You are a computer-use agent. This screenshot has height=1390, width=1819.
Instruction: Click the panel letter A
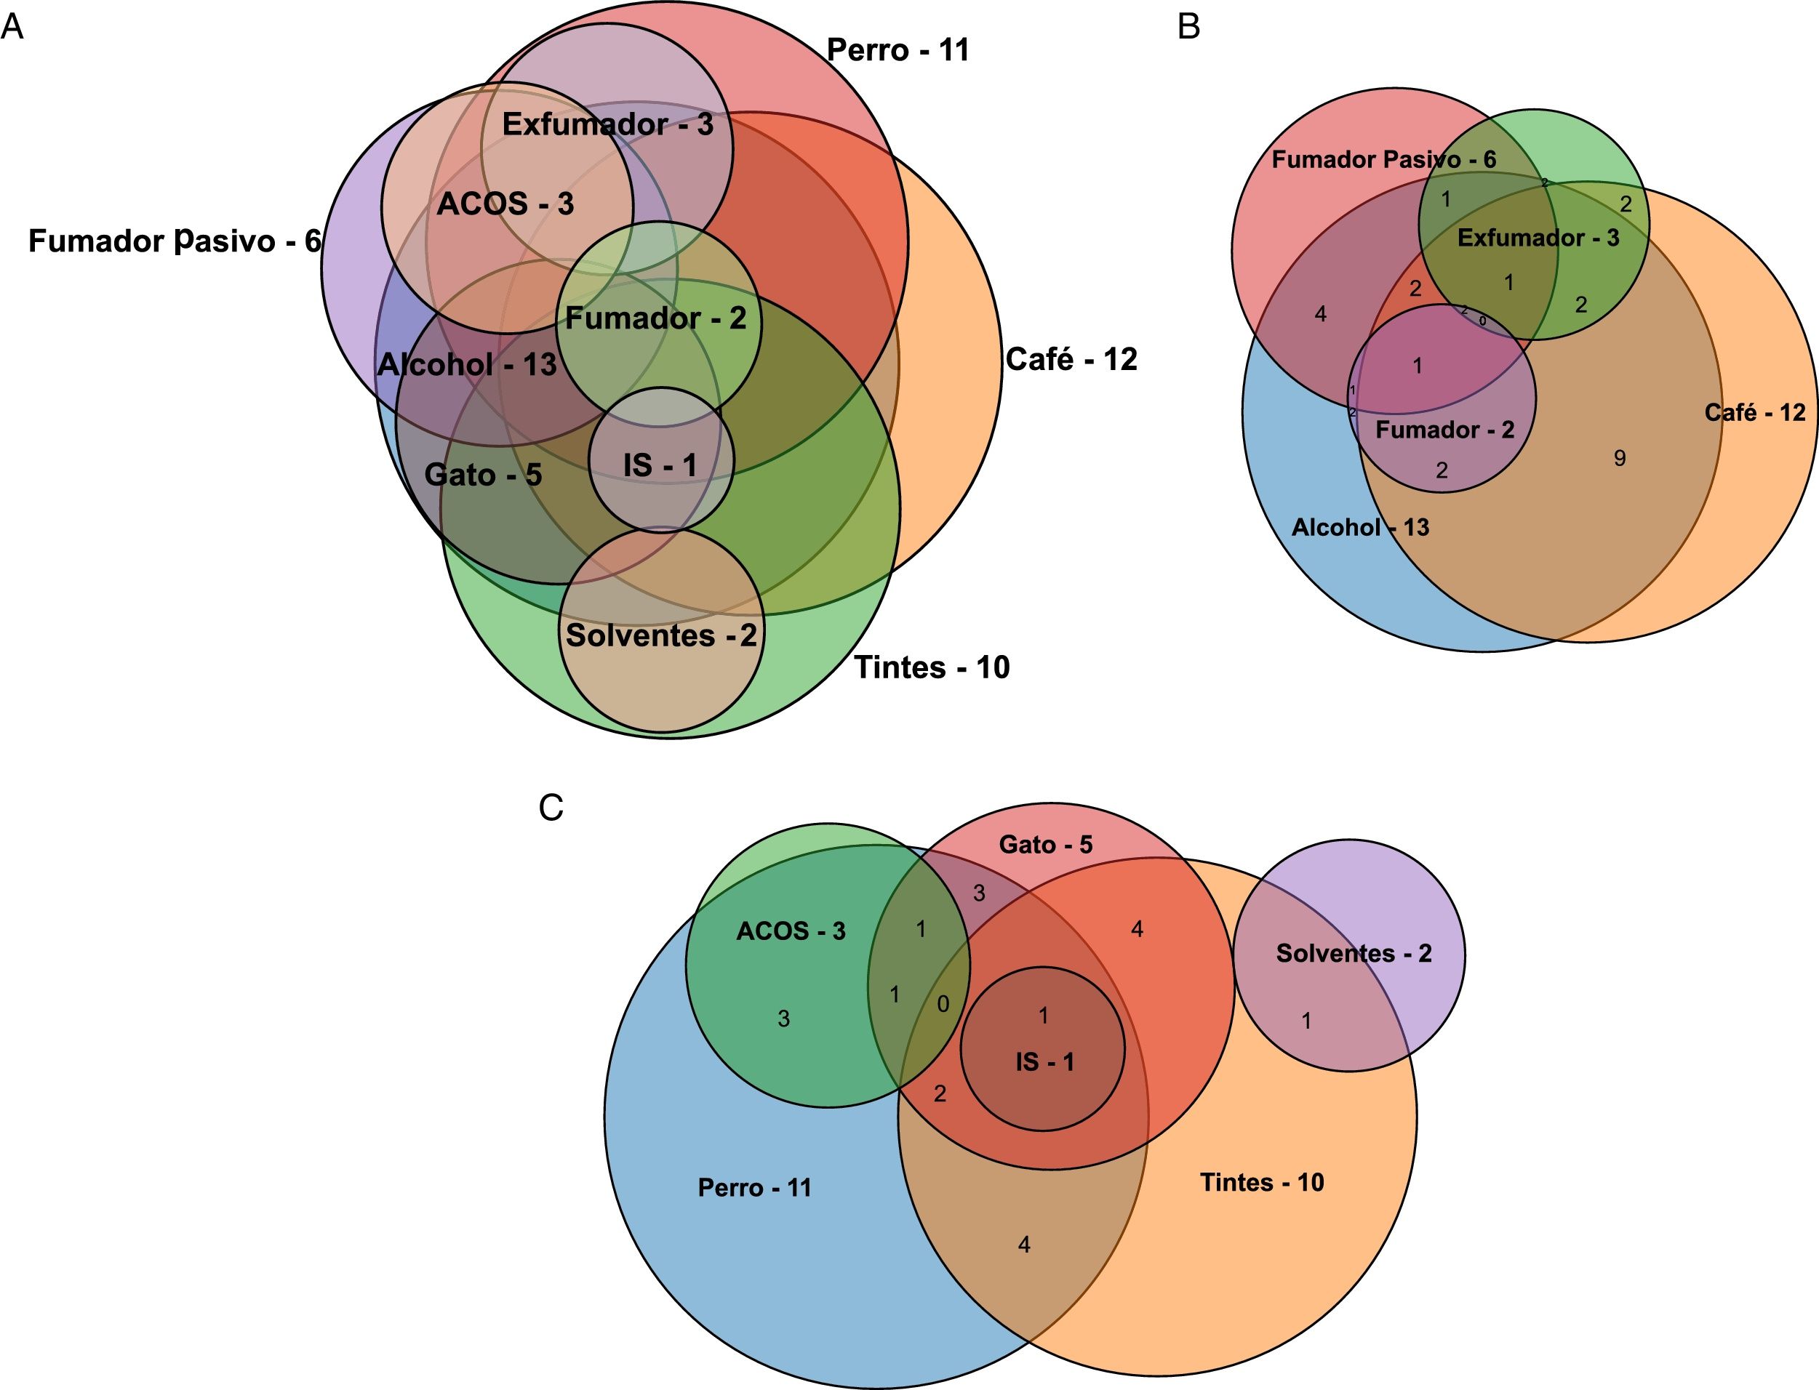pyautogui.click(x=12, y=28)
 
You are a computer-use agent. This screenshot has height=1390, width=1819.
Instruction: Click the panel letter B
pyautogui.click(x=1188, y=28)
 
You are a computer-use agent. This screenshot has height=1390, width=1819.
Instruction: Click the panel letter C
pyautogui.click(x=551, y=808)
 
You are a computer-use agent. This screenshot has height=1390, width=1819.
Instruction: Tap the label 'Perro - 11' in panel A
pyautogui.click(x=898, y=50)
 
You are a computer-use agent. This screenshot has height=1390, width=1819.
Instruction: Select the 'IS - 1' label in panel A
pyautogui.click(x=660, y=465)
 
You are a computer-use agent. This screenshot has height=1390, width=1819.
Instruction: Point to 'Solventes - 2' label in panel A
pyautogui.click(x=660, y=635)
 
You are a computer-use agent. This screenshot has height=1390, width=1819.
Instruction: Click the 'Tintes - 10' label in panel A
pyautogui.click(x=932, y=667)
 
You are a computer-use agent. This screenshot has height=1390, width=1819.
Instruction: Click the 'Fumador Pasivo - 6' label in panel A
pyautogui.click(x=175, y=241)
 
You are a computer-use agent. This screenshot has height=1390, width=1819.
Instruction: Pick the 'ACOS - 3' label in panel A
pyautogui.click(x=505, y=204)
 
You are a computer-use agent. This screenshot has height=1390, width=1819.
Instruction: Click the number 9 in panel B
pyautogui.click(x=1620, y=457)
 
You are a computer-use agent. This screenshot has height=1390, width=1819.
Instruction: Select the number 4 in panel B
pyautogui.click(x=1321, y=313)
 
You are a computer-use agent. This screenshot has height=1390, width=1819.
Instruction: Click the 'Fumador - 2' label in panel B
pyautogui.click(x=1445, y=430)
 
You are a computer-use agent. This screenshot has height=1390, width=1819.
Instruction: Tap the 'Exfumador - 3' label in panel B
pyautogui.click(x=1538, y=238)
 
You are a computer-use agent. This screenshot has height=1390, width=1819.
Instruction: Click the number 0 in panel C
pyautogui.click(x=943, y=1005)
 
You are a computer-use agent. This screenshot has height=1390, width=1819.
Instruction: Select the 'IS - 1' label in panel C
pyautogui.click(x=1044, y=1061)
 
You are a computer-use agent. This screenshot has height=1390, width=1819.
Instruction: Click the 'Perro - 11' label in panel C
pyautogui.click(x=755, y=1187)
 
